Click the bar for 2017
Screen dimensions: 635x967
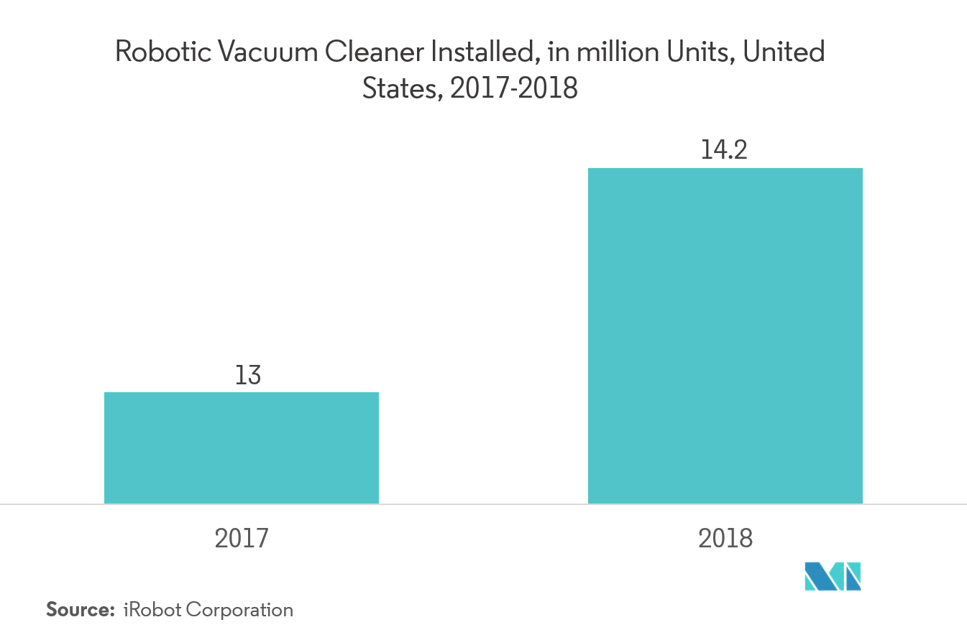(x=242, y=448)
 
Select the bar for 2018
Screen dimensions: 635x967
(x=725, y=335)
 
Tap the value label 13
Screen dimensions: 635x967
(x=248, y=376)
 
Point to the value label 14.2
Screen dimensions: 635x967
(x=725, y=152)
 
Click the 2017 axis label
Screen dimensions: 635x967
(x=242, y=538)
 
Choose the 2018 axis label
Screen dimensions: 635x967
(x=725, y=538)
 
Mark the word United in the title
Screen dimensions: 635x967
(x=784, y=53)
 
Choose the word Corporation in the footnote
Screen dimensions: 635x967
(x=239, y=611)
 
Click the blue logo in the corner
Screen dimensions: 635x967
(x=833, y=576)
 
